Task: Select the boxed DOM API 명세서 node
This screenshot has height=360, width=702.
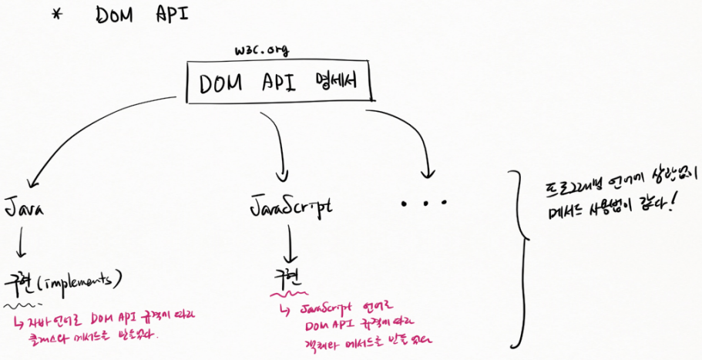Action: pyautogui.click(x=280, y=82)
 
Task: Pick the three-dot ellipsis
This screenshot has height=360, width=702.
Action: pyautogui.click(x=424, y=204)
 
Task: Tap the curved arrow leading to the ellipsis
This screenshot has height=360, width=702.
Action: pyautogui.click(x=412, y=139)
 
